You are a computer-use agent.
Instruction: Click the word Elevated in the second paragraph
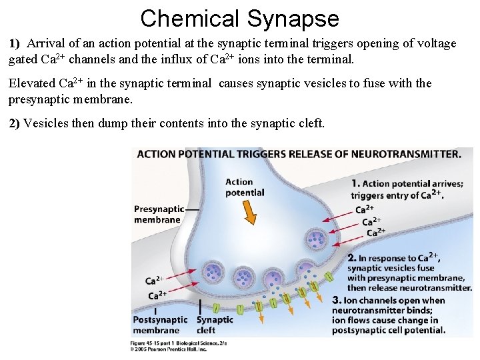[x=32, y=84]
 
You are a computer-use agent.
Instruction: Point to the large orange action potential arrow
[x=249, y=212]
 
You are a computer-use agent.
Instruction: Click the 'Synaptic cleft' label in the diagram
[x=215, y=325]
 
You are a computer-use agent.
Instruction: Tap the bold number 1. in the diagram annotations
[x=355, y=184]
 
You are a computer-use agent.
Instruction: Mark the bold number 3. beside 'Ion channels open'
[x=337, y=301]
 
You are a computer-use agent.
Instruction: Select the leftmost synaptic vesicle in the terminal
[x=213, y=271]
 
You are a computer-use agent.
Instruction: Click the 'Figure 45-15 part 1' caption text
[x=160, y=343]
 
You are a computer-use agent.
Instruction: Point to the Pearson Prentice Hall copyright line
[x=168, y=349]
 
